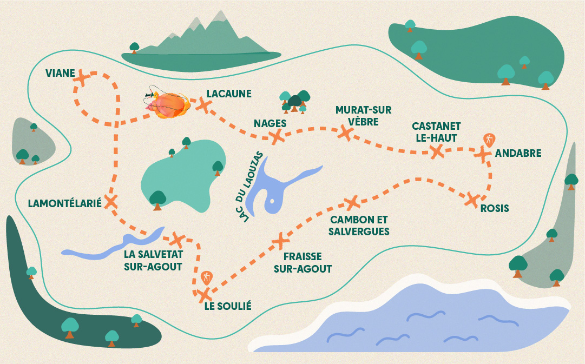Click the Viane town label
click(x=60, y=73)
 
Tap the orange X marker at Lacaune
click(x=203, y=105)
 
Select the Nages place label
click(x=270, y=123)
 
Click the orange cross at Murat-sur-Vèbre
click(x=345, y=133)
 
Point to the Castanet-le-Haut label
click(x=436, y=132)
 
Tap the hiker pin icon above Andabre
click(x=489, y=140)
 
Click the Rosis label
click(x=495, y=208)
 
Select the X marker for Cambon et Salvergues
click(x=351, y=203)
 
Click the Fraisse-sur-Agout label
click(x=303, y=262)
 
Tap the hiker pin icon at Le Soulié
click(x=206, y=278)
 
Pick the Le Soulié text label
click(x=228, y=306)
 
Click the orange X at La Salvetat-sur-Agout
click(x=177, y=240)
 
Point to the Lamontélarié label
click(x=65, y=203)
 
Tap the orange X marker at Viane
click(x=82, y=78)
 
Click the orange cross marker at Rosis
click(x=472, y=200)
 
